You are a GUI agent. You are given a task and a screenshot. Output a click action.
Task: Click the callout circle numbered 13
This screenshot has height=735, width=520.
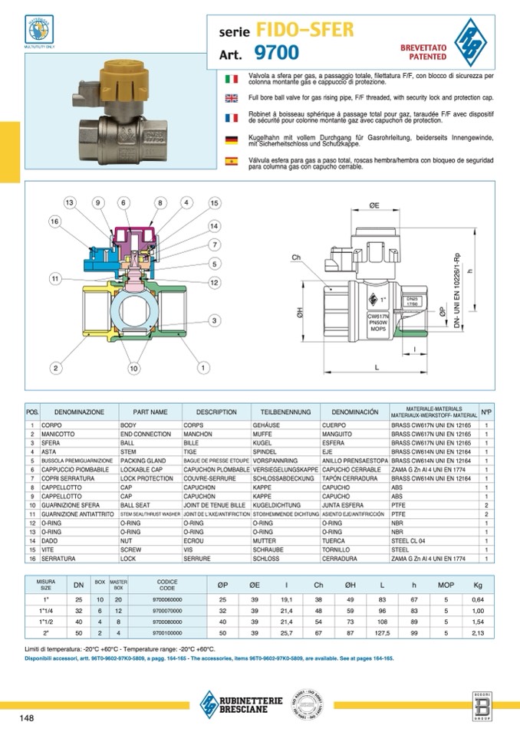pyautogui.click(x=71, y=203)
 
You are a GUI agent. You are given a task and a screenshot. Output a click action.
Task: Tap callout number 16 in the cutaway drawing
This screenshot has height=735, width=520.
pyautogui.click(x=54, y=221)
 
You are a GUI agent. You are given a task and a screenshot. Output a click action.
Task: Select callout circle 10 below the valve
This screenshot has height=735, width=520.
pyautogui.click(x=133, y=369)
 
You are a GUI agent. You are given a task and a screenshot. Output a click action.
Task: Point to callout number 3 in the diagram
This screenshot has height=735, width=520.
pyautogui.click(x=215, y=320)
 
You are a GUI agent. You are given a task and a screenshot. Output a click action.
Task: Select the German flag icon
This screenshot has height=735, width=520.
pyautogui.click(x=231, y=139)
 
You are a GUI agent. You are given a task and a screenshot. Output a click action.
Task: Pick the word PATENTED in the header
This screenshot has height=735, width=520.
pyautogui.click(x=419, y=57)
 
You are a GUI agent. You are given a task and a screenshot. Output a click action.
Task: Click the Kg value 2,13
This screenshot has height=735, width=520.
pyautogui.click(x=479, y=634)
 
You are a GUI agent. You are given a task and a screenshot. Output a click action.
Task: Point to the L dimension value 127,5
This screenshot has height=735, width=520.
pyautogui.click(x=381, y=634)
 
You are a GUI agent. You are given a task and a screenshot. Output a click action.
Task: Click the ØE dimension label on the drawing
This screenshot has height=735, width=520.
pyautogui.click(x=374, y=206)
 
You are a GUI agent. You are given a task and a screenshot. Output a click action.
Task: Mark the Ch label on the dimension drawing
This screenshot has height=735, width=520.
pyautogui.click(x=296, y=257)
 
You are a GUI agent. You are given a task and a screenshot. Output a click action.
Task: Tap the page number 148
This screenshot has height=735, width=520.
pyautogui.click(x=27, y=718)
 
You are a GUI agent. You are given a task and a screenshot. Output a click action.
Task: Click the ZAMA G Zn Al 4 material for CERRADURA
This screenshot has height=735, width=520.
pyautogui.click(x=433, y=559)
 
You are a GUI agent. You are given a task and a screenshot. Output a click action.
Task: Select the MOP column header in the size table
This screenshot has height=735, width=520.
pyautogui.click(x=446, y=586)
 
